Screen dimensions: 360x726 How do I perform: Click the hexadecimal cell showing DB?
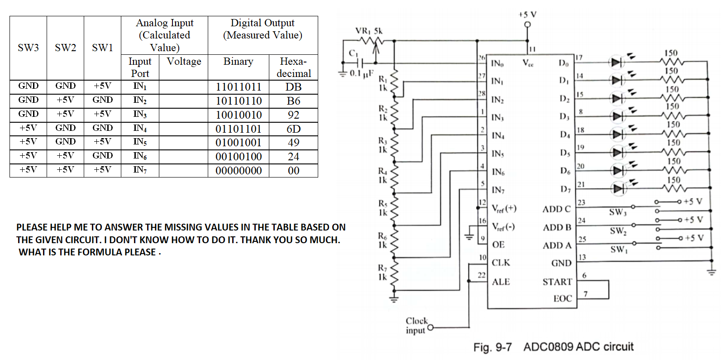pyautogui.click(x=293, y=87)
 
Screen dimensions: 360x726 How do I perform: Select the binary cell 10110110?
pyautogui.click(x=239, y=101)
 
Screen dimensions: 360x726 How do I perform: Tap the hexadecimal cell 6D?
pyautogui.click(x=293, y=129)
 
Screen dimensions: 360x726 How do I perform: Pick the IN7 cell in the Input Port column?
pyautogui.click(x=140, y=170)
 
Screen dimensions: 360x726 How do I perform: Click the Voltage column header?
pyautogui.click(x=184, y=62)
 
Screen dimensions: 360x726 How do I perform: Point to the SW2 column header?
pyautogui.click(x=65, y=48)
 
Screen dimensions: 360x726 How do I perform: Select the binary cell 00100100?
pyautogui.click(x=239, y=157)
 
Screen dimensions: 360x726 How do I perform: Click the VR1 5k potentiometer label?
pyautogui.click(x=368, y=31)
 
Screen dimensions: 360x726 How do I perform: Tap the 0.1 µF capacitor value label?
pyautogui.click(x=362, y=73)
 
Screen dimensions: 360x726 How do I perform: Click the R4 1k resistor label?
pyautogui.click(x=383, y=175)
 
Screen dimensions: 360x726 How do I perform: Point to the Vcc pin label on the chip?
pyautogui.click(x=528, y=63)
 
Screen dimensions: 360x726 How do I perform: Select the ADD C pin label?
pyautogui.click(x=556, y=209)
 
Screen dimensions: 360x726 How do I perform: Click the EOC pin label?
pyautogui.click(x=563, y=298)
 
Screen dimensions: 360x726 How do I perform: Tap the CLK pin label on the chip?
pyautogui.click(x=501, y=263)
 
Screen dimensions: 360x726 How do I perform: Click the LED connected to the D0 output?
pyautogui.click(x=616, y=62)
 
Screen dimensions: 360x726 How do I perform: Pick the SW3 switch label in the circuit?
pyautogui.click(x=617, y=212)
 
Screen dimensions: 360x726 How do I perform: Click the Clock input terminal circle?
pyautogui.click(x=430, y=327)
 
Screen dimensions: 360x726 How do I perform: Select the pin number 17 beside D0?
pyautogui.click(x=579, y=58)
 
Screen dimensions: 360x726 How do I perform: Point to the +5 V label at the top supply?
pyautogui.click(x=527, y=14)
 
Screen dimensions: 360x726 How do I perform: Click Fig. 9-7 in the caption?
pyautogui.click(x=492, y=347)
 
